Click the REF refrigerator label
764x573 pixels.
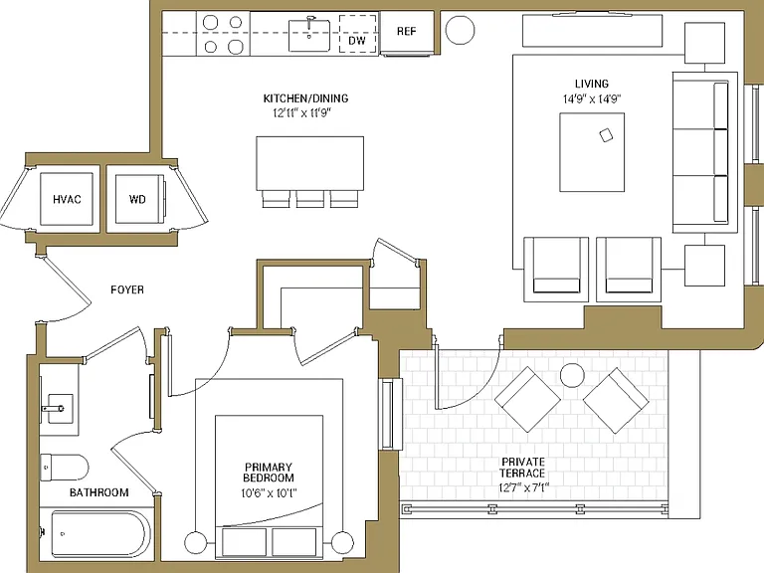coord(406,31)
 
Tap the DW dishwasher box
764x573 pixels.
coord(358,34)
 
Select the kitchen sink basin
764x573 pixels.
coord(309,35)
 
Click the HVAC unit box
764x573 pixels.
coord(67,199)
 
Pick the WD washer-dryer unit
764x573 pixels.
coord(139,199)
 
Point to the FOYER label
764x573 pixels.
coord(127,289)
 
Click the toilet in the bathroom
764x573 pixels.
coord(64,468)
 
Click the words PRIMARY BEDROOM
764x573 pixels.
coord(269,473)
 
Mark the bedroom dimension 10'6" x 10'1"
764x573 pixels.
coord(269,493)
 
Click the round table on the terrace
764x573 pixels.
coord(572,376)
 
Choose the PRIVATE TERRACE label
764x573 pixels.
coord(523,468)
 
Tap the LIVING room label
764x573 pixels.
coord(592,84)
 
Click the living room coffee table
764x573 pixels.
coord(592,152)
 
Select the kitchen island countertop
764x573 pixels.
coord(310,163)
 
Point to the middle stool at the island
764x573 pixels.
coord(310,199)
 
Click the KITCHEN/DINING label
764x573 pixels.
coord(306,98)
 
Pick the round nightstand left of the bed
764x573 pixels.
coord(196,542)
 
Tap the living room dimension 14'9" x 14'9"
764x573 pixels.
coord(592,98)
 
